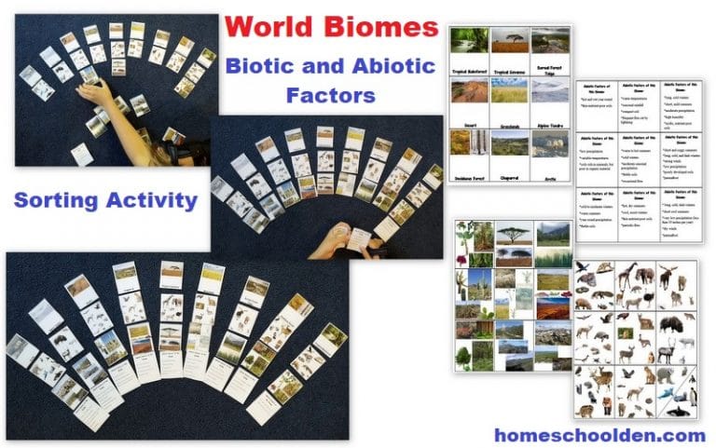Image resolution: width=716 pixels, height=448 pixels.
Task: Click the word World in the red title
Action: click(x=269, y=25)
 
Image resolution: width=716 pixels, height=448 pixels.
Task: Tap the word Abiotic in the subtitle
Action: click(x=385, y=65)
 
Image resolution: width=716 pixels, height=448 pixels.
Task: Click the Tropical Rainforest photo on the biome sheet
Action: click(x=470, y=40)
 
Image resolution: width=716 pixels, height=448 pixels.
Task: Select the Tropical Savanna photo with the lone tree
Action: click(x=511, y=40)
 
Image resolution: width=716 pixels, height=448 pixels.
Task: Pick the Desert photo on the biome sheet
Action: click(x=470, y=90)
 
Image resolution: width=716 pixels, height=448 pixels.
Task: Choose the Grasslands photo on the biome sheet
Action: click(x=511, y=90)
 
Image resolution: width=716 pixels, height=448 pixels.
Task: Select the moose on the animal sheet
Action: click(x=670, y=277)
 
